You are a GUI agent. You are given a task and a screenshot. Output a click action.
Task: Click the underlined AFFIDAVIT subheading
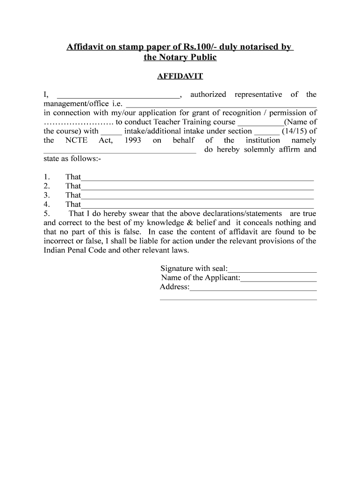tap(180, 76)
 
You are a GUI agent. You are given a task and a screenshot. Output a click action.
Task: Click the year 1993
tap(133, 140)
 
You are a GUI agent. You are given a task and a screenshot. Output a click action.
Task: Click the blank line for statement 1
tap(197, 178)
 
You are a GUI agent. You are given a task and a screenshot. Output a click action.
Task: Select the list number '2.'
tap(46, 186)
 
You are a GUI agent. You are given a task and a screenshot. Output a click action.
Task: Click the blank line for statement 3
tap(197, 196)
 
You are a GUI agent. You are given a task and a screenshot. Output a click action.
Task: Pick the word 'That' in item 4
tap(73, 204)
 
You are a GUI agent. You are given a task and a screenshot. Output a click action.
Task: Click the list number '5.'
tap(46, 213)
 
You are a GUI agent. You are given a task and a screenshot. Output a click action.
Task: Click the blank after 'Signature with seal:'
tap(272, 269)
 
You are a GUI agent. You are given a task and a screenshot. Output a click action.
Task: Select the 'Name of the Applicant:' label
tap(200, 277)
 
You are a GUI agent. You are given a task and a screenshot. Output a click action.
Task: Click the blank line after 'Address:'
tap(253, 288)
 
